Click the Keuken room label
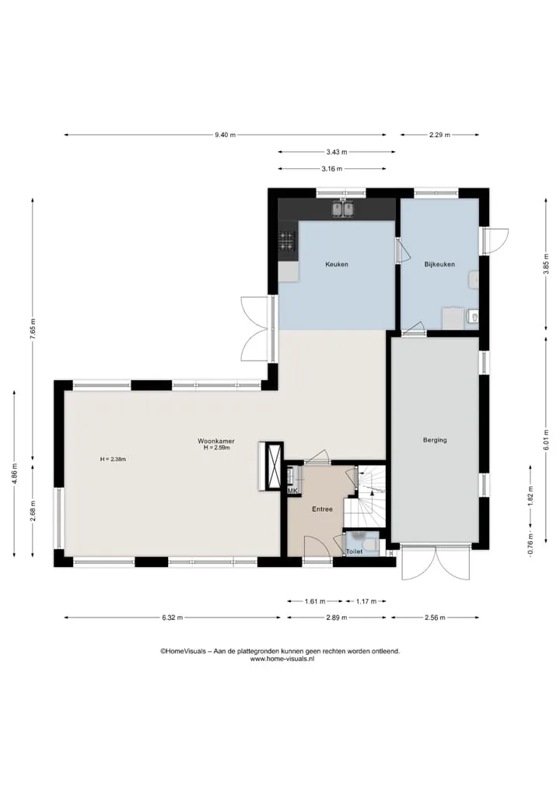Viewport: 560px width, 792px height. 337,264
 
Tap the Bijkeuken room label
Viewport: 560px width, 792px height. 439,264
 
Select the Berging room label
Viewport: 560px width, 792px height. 435,440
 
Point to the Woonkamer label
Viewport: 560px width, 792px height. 216,441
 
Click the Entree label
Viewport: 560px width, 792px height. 322,509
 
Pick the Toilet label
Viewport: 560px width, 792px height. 354,551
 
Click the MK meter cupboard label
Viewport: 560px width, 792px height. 292,491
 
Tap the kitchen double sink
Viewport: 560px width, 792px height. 342,209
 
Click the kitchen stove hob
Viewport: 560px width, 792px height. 287,241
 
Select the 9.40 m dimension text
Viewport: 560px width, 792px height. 225,135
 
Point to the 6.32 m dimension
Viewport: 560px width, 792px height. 173,618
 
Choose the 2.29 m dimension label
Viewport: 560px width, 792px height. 439,135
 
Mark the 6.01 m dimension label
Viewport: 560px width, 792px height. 546,440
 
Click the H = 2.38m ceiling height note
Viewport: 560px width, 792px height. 113,459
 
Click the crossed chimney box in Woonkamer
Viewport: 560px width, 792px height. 275,466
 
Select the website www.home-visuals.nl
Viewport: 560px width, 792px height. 282,659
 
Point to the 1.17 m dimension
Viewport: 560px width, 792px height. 366,601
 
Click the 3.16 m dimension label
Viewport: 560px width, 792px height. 332,169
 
